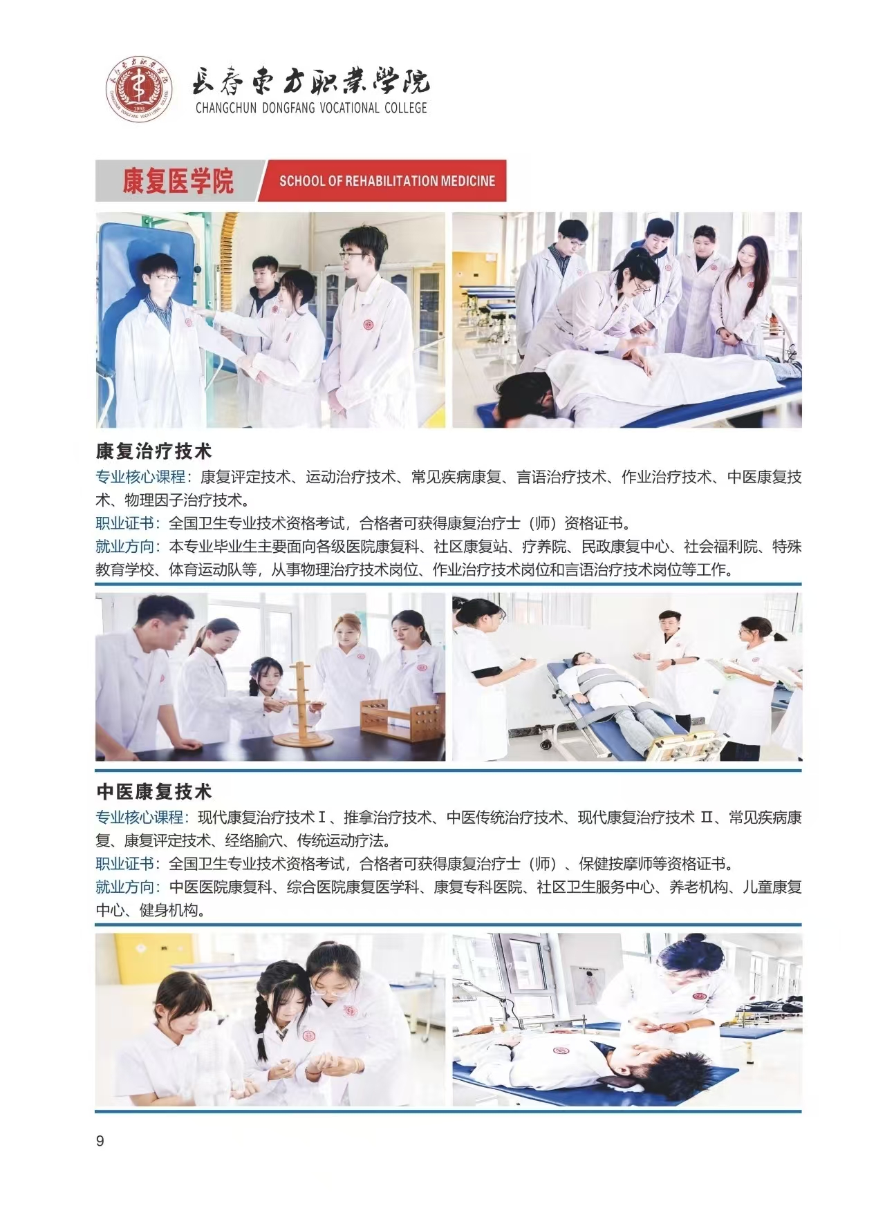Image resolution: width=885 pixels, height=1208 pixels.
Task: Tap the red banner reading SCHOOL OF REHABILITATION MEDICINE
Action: point(382,181)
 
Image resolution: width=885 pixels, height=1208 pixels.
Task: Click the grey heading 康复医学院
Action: point(178,181)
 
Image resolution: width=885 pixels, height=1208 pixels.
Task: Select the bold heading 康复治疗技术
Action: point(153,451)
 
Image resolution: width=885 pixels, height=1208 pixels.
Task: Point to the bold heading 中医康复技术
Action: point(153,791)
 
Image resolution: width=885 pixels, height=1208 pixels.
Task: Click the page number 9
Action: point(100,1141)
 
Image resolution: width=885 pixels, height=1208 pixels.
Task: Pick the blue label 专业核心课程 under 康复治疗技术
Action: point(140,477)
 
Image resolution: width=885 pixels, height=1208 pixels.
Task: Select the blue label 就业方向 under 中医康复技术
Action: point(125,887)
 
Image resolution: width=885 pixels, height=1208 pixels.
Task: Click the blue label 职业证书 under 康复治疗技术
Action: point(125,523)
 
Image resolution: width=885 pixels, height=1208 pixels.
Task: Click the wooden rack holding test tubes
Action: point(397,721)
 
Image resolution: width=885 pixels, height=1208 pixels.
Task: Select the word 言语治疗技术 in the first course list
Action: point(561,477)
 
